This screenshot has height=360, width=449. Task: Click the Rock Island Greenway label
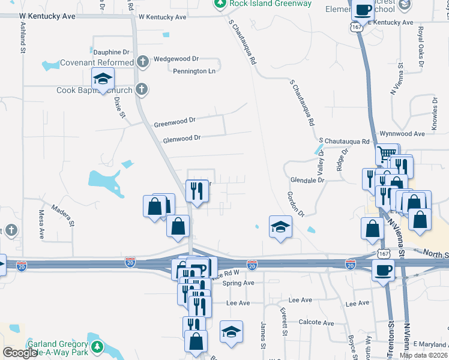point(270,4)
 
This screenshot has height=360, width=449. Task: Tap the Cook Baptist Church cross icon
point(142,91)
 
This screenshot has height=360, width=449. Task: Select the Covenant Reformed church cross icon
point(142,62)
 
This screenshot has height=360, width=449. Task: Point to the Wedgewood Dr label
point(176,59)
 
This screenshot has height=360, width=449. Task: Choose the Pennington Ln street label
point(194,71)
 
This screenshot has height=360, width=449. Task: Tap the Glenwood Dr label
point(181,138)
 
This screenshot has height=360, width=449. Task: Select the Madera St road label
point(62,215)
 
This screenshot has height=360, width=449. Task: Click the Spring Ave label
point(240,283)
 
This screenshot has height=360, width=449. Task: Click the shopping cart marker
point(387,154)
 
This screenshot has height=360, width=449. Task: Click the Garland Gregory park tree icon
point(97,346)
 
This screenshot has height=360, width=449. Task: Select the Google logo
point(20,353)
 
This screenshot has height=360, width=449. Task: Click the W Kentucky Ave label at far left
point(47,16)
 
